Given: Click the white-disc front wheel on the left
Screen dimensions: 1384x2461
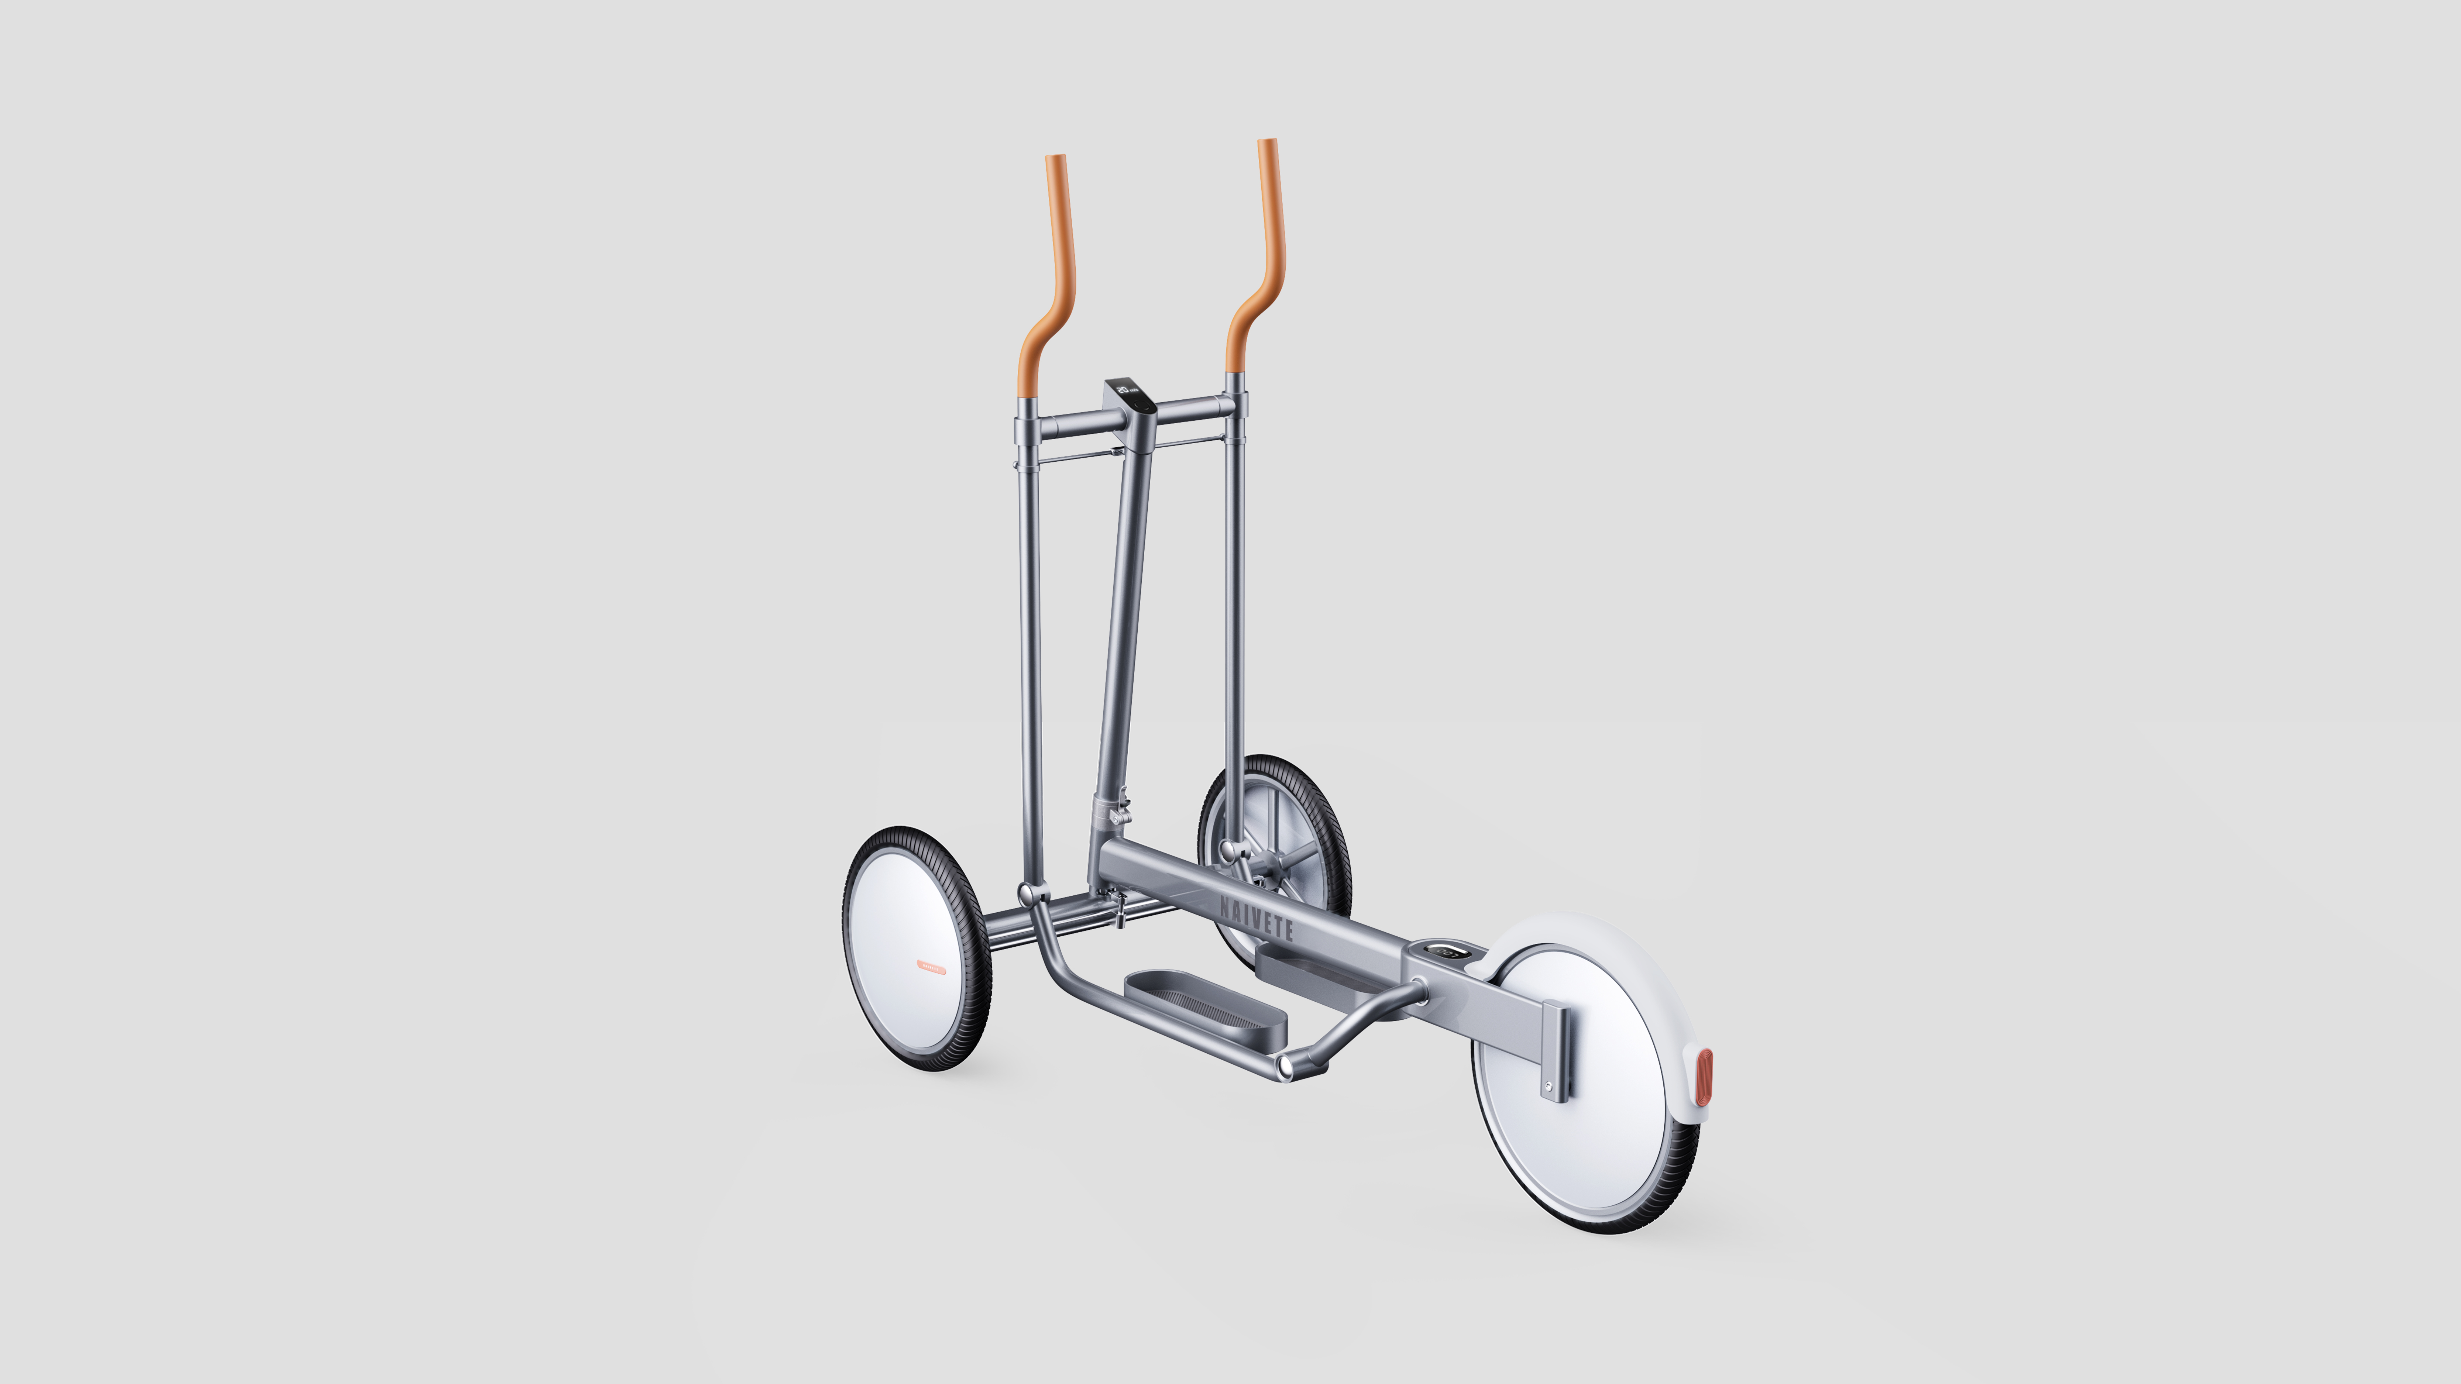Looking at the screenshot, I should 915,947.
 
